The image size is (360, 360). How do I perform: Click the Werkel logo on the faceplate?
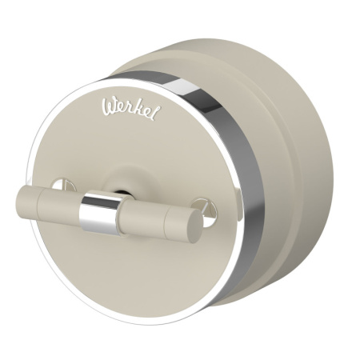(x=131, y=110)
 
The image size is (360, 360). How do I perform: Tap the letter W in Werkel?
(x=110, y=106)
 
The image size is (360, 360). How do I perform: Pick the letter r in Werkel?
(x=129, y=110)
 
